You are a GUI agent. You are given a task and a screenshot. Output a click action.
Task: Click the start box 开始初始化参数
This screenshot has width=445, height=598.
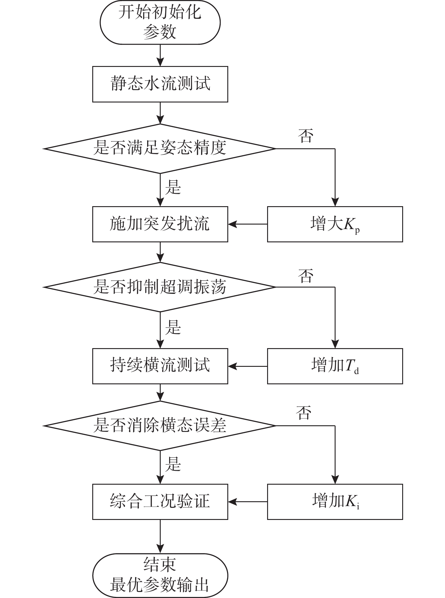click(160, 22)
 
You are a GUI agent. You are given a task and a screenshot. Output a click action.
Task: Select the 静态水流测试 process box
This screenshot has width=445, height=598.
click(160, 84)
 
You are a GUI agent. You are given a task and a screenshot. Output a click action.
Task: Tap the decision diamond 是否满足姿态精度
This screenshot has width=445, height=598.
click(160, 149)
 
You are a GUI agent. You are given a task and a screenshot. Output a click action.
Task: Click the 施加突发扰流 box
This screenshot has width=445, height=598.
click(160, 224)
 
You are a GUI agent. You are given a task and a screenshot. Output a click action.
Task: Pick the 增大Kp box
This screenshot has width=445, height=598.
click(335, 224)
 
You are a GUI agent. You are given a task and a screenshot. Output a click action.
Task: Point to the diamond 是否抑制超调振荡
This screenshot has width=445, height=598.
click(160, 287)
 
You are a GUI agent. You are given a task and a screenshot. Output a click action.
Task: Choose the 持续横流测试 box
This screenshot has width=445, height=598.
click(160, 366)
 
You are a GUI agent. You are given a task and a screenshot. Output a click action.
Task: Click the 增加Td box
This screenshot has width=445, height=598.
click(335, 366)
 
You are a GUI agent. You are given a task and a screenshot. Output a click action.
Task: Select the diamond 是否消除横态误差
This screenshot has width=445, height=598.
click(160, 426)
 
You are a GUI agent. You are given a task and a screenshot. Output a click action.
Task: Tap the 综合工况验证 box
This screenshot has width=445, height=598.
click(160, 502)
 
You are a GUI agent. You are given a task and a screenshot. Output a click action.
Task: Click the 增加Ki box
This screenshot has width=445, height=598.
click(335, 502)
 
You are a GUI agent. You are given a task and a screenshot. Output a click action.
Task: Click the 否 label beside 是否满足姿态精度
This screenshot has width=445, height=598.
click(306, 136)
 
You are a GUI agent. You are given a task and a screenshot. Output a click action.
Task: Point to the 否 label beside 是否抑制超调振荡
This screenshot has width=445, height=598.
click(306, 276)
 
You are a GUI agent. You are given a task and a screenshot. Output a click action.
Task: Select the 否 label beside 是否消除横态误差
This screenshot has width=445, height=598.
click(304, 413)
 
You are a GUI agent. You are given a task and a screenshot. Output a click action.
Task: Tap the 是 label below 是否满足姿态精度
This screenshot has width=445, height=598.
click(173, 187)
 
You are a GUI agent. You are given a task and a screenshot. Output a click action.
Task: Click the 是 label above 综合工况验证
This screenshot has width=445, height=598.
click(173, 464)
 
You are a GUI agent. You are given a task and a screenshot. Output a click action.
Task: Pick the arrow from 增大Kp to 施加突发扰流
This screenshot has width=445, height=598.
click(248, 224)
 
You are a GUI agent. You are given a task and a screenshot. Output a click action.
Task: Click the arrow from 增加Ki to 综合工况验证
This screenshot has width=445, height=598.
click(248, 502)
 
